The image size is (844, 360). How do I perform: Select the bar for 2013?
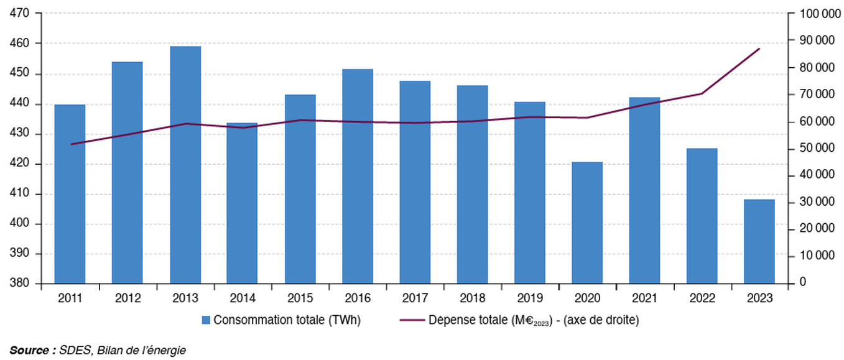click(x=185, y=165)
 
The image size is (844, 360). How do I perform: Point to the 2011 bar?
click(x=70, y=194)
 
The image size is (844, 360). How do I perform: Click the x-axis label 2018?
click(x=472, y=298)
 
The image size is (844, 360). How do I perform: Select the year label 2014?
click(x=243, y=298)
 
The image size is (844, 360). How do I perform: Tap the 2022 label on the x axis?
click(x=702, y=298)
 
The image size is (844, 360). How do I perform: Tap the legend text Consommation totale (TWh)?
click(x=287, y=320)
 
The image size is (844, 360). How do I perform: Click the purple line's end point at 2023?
click(x=759, y=48)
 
